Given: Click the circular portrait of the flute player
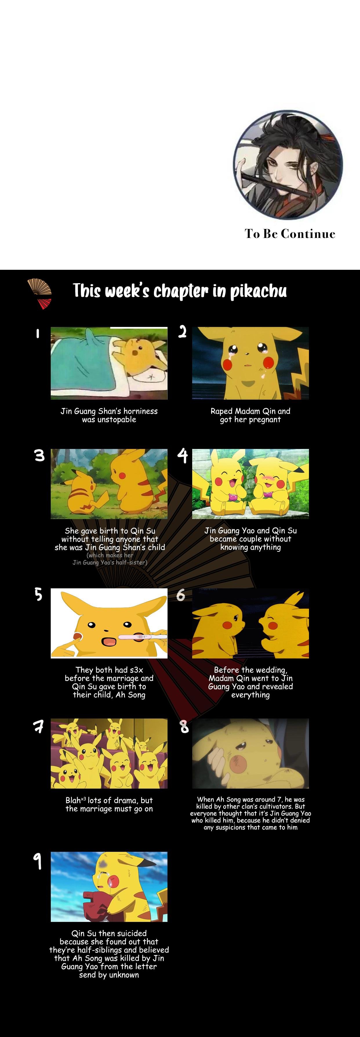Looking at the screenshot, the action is (288, 165).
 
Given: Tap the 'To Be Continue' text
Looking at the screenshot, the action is (290, 234).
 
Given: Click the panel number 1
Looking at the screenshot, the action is (37, 333).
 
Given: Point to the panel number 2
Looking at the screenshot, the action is (182, 332).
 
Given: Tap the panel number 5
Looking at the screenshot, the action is (38, 594).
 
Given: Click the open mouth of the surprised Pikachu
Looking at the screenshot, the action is (109, 641).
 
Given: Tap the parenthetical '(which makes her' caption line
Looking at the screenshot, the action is (110, 555).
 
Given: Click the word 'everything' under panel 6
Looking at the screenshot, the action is (250, 695).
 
